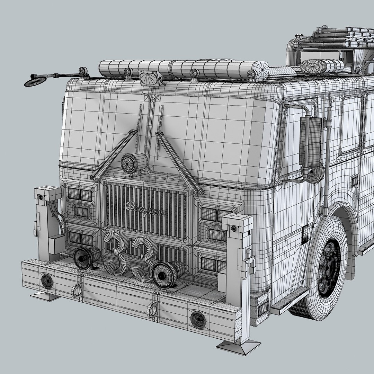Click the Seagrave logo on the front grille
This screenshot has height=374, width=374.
(145, 208)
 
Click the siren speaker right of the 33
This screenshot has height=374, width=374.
(168, 274)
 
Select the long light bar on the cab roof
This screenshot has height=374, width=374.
(184, 69)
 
